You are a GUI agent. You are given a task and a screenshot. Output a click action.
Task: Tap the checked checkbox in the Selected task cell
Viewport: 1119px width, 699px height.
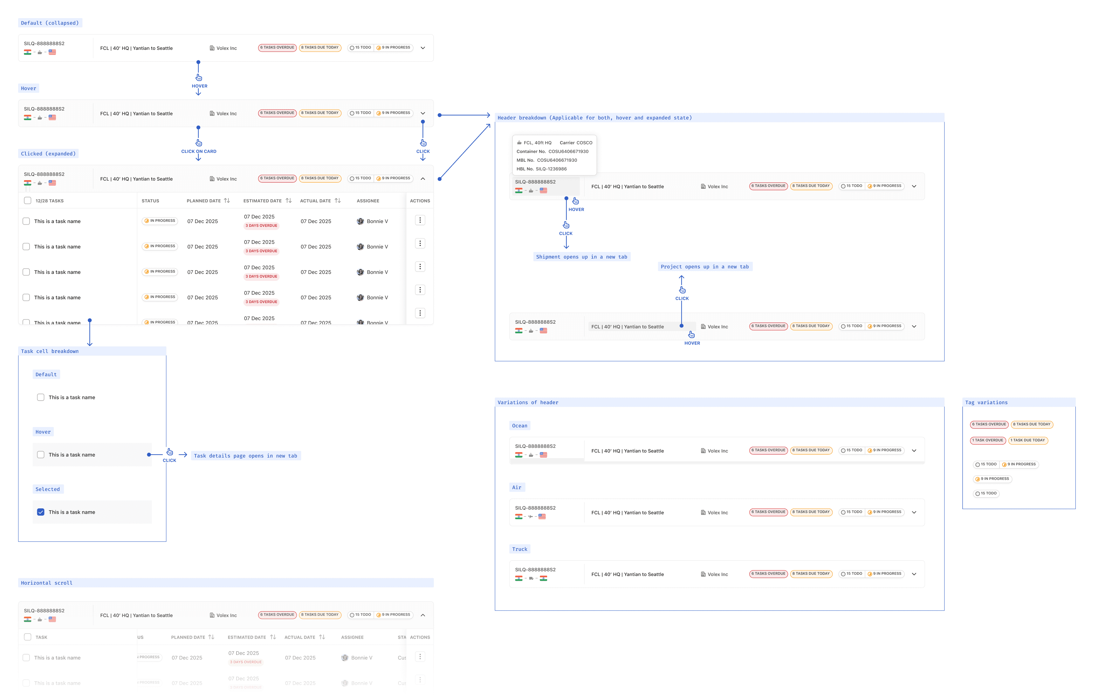(x=41, y=512)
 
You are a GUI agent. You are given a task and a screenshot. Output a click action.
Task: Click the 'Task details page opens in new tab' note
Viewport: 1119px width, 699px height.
(x=245, y=456)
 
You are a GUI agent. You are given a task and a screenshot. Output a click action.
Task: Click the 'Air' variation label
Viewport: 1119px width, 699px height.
(x=517, y=488)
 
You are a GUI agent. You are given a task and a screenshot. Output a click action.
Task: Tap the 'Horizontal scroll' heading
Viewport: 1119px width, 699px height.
(x=47, y=583)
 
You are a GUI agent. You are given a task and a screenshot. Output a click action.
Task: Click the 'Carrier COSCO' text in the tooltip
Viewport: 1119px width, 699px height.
(x=576, y=143)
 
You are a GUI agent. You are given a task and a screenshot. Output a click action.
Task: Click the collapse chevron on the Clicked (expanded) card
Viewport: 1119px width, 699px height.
(x=422, y=179)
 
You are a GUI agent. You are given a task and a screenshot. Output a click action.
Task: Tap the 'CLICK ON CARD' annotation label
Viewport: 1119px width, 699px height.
(x=199, y=152)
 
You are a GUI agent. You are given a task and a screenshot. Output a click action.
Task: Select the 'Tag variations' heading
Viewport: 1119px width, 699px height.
(x=986, y=403)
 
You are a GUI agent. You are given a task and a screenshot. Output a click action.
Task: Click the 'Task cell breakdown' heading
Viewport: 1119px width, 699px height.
(x=50, y=351)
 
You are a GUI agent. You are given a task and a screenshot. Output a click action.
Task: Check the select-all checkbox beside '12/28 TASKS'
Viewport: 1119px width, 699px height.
(x=28, y=200)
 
